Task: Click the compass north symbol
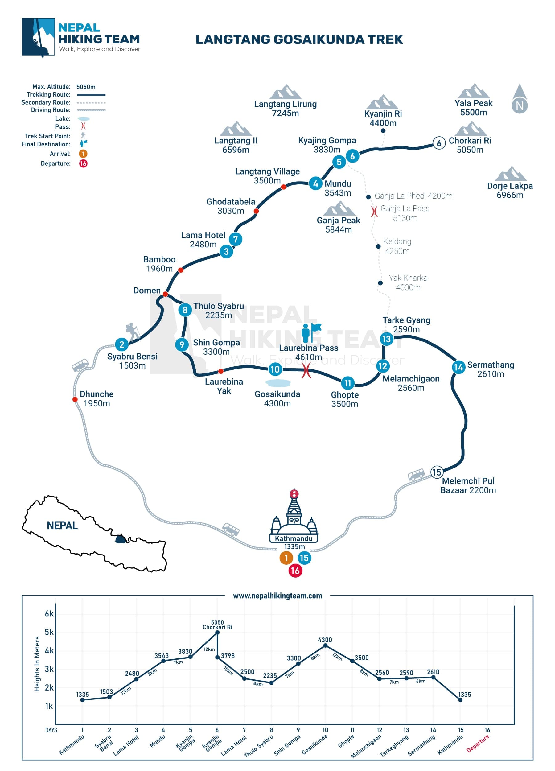519,99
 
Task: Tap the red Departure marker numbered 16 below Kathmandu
295,571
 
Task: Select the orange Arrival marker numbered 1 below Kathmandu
286,558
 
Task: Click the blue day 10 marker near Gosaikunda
275,369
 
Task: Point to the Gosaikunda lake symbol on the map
278,383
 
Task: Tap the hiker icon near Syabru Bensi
132,331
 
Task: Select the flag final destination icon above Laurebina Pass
310,332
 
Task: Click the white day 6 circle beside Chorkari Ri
439,143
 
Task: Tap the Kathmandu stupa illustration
294,517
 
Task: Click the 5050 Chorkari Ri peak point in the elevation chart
217,632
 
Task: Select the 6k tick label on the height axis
49,614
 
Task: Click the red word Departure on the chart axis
477,744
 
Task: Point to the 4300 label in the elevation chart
325,640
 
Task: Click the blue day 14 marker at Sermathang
458,367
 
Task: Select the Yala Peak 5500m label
473,108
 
